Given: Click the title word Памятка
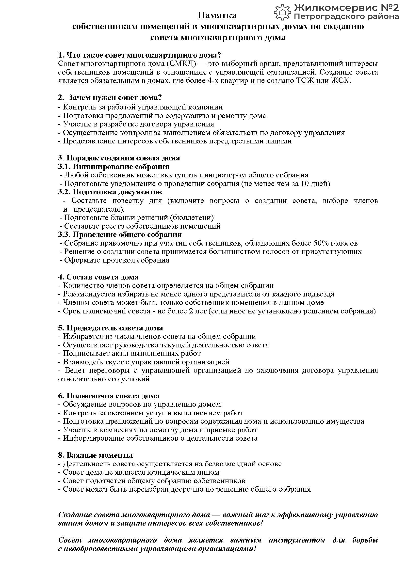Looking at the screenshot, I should [217, 15].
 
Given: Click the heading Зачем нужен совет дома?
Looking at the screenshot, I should [115, 97].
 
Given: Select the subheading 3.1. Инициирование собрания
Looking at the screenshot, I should [114, 167].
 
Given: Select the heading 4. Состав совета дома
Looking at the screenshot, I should [98, 277].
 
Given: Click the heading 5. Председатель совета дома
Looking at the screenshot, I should [111, 328].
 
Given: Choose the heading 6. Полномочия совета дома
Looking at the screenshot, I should [109, 396].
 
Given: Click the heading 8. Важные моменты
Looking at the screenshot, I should [96, 455].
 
